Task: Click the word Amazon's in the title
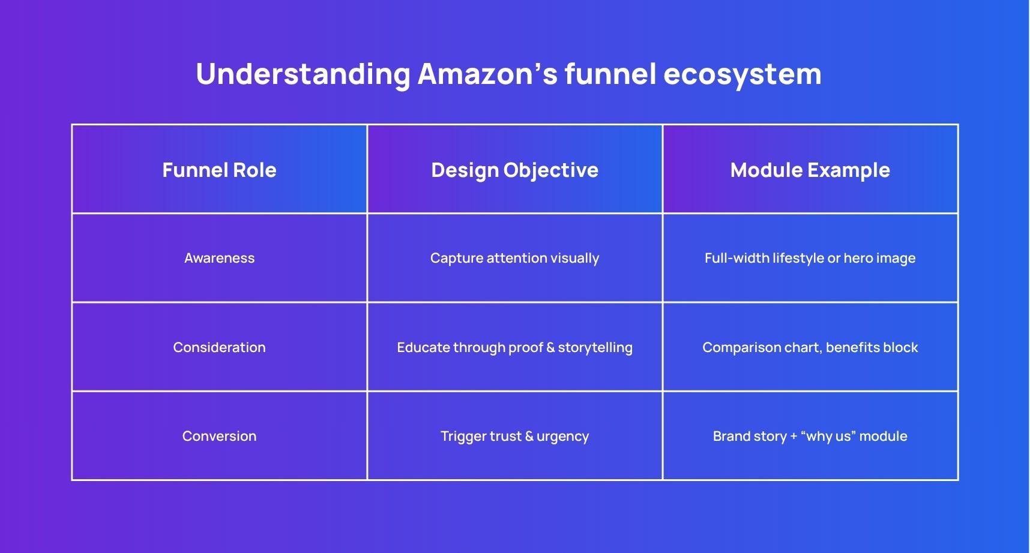[x=487, y=74]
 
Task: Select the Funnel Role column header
[x=219, y=170]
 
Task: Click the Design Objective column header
[x=514, y=170]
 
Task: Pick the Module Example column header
[x=810, y=170]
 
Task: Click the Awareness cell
[x=219, y=258]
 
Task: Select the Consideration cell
[x=219, y=347]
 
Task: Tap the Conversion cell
[x=219, y=436]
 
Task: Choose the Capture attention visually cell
[x=514, y=258]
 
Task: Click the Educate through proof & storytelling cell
[x=514, y=347]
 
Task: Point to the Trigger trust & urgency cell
[x=514, y=436]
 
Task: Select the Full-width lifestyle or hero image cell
[x=810, y=258]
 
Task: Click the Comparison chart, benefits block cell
[x=810, y=347]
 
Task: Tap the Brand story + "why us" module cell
[x=810, y=436]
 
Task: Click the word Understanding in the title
[x=303, y=74]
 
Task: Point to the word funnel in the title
[x=610, y=74]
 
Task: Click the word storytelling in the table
[x=595, y=348]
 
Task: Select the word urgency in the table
[x=562, y=437]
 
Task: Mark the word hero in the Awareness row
[x=858, y=258]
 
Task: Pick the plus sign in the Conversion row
[x=794, y=437]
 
